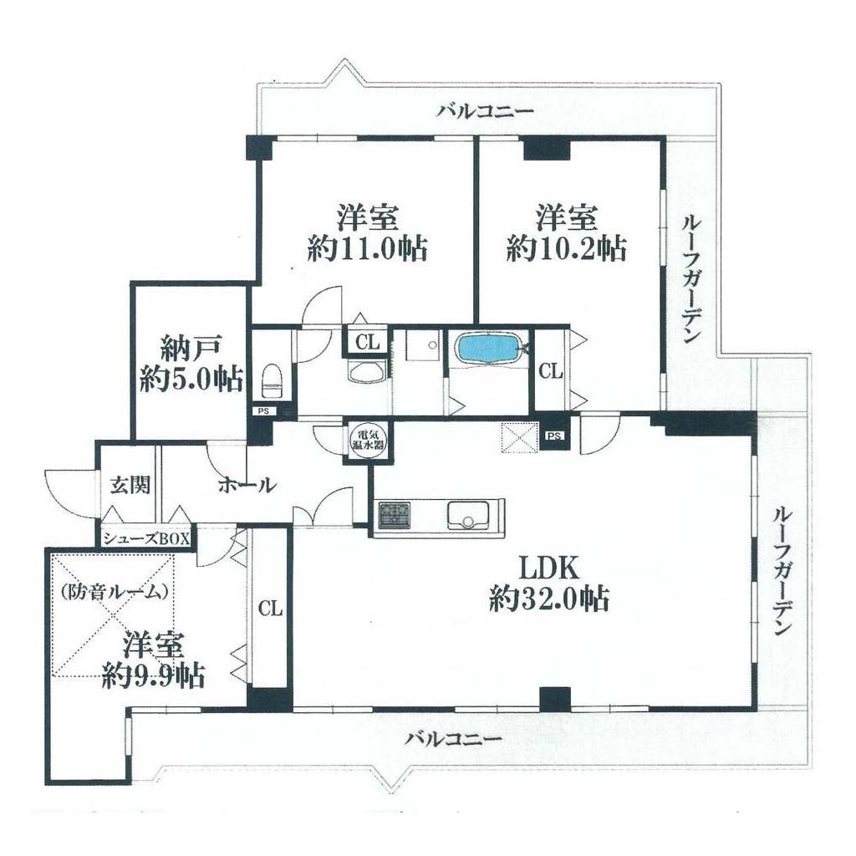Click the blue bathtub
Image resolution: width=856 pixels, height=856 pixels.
(488, 347)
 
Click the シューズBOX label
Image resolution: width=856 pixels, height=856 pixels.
(147, 538)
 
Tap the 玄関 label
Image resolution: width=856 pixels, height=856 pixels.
(130, 485)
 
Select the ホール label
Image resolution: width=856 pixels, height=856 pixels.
(247, 485)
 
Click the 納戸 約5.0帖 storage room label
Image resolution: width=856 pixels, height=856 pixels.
(191, 364)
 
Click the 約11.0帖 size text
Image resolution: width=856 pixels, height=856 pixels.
(367, 249)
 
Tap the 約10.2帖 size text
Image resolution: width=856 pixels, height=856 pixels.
(566, 249)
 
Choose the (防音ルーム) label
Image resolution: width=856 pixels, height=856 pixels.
(114, 592)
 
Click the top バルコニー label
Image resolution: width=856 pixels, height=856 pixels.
(485, 112)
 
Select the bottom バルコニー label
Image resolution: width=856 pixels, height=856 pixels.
(453, 741)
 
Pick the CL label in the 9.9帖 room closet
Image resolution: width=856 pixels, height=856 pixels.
(270, 608)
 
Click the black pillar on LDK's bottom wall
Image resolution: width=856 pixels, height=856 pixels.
(555, 698)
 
